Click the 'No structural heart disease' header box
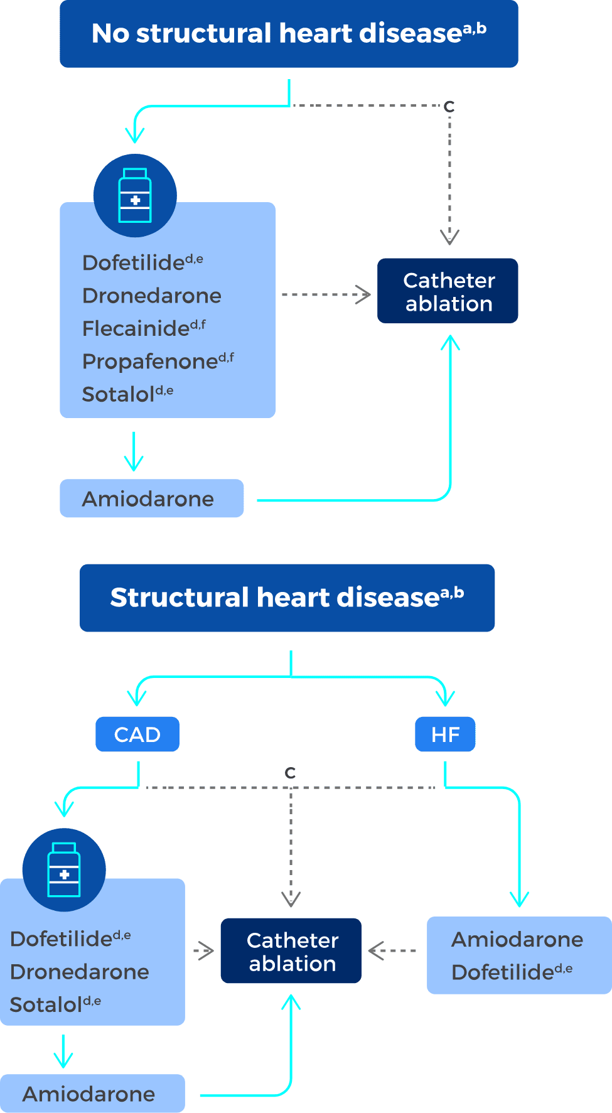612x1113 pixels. tap(289, 34)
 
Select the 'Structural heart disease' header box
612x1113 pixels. tap(287, 598)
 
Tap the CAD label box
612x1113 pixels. tap(137, 734)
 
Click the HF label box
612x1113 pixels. tap(445, 734)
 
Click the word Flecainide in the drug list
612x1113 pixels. tap(136, 328)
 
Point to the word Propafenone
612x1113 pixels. tap(150, 362)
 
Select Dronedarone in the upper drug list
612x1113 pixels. tap(152, 296)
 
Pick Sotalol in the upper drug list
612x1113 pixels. tap(119, 394)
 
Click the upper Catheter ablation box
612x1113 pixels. tap(448, 291)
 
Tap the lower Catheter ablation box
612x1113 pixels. tap(291, 951)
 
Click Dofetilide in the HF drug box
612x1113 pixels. tap(503, 972)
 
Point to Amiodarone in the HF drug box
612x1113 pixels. tap(517, 940)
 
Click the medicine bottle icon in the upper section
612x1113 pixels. tap(135, 195)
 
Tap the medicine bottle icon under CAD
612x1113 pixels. tap(64, 869)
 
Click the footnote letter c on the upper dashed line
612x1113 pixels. tap(449, 106)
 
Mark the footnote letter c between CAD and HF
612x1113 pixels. tap(290, 773)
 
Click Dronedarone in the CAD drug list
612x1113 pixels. tap(80, 972)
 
